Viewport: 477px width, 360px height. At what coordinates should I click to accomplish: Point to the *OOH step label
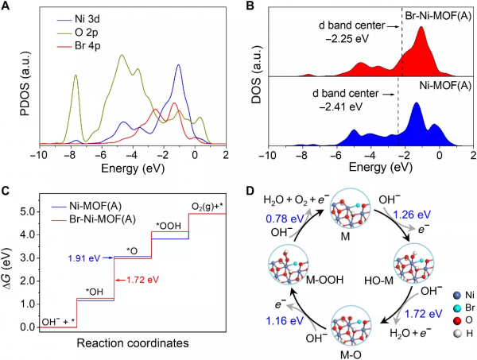pyautogui.click(x=169, y=226)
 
